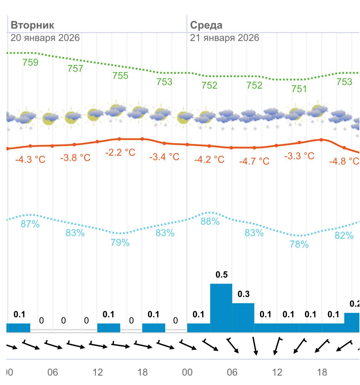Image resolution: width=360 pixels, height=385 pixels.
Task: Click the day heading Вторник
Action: [x=32, y=25]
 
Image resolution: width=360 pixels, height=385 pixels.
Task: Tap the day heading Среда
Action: [x=206, y=25]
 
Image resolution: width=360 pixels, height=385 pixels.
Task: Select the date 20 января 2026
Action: [x=45, y=38]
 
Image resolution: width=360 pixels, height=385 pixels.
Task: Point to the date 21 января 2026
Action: [x=224, y=38]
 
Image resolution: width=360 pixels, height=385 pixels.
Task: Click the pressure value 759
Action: [x=30, y=63]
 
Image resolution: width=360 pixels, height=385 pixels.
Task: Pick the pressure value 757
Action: [x=75, y=68]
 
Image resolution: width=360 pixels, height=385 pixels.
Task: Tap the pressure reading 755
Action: [x=120, y=75]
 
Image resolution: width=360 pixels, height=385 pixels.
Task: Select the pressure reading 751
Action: [x=299, y=89]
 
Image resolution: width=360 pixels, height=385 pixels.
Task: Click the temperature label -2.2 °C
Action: [x=120, y=152]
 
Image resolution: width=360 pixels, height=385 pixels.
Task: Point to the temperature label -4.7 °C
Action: [x=254, y=161]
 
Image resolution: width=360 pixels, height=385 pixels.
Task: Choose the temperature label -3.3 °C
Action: [x=299, y=156]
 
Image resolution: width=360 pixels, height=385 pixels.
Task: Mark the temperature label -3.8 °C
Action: [x=75, y=158]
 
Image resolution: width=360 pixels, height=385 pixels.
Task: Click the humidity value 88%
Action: [x=210, y=221]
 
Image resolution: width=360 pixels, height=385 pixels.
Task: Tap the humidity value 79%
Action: [x=120, y=243]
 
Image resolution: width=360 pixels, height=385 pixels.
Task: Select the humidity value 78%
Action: [x=299, y=244]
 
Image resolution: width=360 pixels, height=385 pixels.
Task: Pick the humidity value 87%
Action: [x=30, y=224]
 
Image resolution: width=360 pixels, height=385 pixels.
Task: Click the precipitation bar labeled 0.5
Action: [x=221, y=308]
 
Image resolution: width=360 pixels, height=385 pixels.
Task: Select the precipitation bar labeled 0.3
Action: [x=243, y=318]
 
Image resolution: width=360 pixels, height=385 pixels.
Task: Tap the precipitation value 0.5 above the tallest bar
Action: [x=222, y=274]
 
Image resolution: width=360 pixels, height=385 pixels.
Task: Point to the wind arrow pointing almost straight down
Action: [x=255, y=346]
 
